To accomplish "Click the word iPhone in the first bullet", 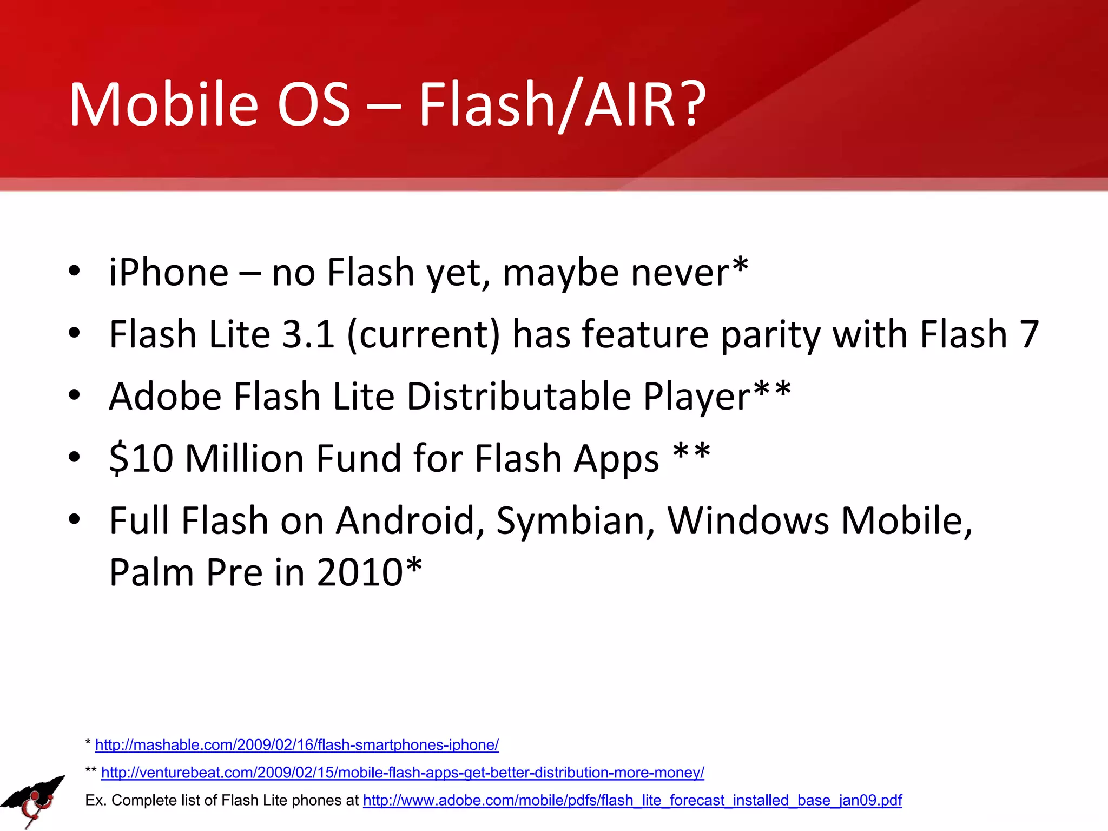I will pos(168,272).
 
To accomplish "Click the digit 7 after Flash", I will pos(1028,334).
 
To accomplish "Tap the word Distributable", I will pos(518,397).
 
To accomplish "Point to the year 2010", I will pos(360,572).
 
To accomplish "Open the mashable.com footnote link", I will pos(296,745).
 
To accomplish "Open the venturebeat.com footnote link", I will pos(402,773).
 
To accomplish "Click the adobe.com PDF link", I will pos(632,800).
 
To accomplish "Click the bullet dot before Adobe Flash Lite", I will pos(74,395).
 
